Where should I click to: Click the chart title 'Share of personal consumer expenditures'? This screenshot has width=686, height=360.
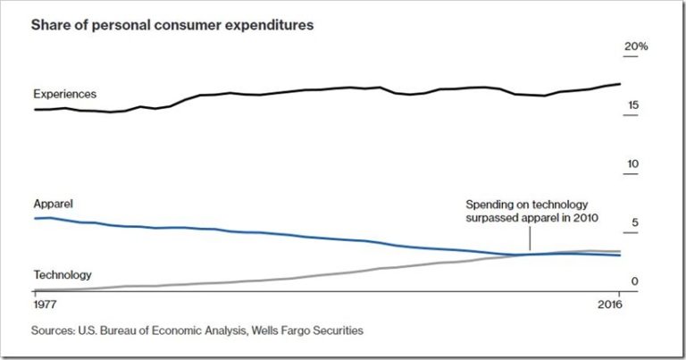172,25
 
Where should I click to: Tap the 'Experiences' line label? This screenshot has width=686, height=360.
64,94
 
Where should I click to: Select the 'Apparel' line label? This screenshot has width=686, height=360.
53,204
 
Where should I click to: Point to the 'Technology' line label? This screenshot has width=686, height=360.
63,275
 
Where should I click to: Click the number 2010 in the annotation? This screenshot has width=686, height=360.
584,217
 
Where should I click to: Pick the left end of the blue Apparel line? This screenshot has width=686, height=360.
34,218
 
